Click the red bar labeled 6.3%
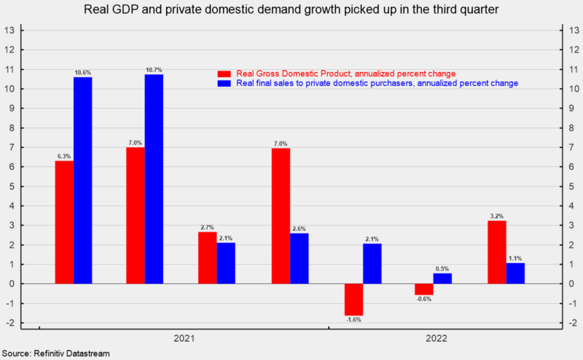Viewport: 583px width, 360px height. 64,222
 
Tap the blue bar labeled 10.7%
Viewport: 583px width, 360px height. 154,179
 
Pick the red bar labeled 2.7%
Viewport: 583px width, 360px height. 207,257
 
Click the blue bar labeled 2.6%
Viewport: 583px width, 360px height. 299,258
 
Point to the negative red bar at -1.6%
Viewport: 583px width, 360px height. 353,299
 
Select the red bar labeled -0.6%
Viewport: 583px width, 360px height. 424,289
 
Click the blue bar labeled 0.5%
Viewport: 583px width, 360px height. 442,278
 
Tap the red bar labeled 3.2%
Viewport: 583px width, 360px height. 496,252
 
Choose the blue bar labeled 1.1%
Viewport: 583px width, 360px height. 514,273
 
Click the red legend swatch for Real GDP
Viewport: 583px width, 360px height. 224,74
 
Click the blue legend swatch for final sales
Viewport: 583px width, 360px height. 224,84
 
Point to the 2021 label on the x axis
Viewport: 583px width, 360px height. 184,340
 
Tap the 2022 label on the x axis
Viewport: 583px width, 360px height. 436,340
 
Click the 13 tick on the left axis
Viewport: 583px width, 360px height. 10,31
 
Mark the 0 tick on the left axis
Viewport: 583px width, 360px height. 12,283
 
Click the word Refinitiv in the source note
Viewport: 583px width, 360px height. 52,353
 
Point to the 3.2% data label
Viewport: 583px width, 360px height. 496,215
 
